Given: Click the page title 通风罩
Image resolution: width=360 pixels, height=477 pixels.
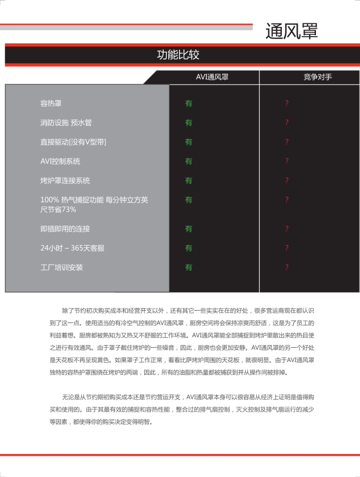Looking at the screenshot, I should [x=292, y=31].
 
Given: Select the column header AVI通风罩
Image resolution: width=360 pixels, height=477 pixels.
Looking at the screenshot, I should [x=212, y=77].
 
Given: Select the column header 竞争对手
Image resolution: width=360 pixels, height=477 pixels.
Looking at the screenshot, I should [x=317, y=77].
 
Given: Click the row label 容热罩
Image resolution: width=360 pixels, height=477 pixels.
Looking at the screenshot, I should [x=51, y=103].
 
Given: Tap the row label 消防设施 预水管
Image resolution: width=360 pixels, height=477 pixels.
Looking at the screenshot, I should [x=66, y=122].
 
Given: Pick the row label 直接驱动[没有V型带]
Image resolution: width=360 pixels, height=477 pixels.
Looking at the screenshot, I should [x=73, y=142].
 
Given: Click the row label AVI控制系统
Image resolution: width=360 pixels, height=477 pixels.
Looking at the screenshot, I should [x=60, y=161].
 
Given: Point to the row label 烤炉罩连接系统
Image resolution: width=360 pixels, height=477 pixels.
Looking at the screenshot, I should [x=65, y=180].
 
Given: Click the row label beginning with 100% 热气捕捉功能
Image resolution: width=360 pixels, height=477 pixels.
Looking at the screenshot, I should [x=94, y=200].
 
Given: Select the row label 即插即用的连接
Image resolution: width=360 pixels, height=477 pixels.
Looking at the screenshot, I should [x=65, y=229].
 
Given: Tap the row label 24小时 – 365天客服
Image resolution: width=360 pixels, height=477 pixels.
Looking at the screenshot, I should [x=72, y=248].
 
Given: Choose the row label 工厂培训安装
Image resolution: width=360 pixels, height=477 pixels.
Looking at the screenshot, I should [x=61, y=267].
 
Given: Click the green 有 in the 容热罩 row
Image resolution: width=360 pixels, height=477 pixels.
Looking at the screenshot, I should [x=188, y=103].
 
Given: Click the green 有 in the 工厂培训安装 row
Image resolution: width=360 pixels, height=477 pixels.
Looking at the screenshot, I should [x=188, y=267].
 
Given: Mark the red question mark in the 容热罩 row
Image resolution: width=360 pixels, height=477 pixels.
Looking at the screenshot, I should [x=287, y=103].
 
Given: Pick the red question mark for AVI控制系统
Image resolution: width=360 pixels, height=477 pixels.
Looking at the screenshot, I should [x=287, y=161].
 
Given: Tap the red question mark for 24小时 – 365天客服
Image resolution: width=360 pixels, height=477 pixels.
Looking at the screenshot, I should [x=287, y=248].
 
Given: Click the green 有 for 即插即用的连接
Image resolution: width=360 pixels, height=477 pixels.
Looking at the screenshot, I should [x=188, y=229].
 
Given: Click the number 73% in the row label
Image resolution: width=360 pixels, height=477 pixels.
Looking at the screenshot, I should [x=68, y=210].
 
